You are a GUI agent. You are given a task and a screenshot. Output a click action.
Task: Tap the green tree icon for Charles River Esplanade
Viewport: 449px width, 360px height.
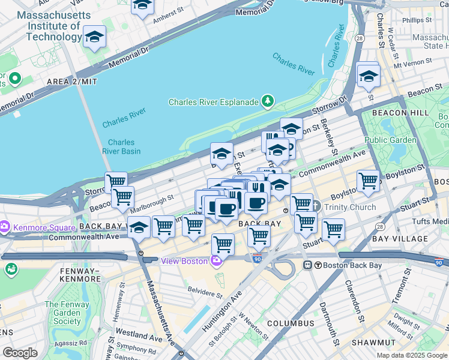tap(268, 101)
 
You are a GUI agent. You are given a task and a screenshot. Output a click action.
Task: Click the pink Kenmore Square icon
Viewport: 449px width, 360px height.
tap(5, 227)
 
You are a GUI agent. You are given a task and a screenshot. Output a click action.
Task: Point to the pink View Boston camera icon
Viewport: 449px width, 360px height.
tap(215, 260)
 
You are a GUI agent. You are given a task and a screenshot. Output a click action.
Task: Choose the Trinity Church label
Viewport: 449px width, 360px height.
tap(349, 207)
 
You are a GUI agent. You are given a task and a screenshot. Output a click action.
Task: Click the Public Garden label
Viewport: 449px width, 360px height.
tap(390, 140)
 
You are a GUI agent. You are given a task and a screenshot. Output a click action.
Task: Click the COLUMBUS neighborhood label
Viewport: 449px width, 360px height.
tap(291, 323)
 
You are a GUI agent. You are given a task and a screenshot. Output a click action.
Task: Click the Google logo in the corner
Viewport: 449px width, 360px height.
tap(20, 352)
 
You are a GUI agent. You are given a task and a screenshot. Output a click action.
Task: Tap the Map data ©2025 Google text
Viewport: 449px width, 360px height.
tap(411, 355)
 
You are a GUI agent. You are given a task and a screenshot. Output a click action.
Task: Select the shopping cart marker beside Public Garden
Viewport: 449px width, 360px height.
tap(368, 180)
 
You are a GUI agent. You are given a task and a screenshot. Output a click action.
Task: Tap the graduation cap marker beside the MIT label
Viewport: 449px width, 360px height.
tap(94, 37)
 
